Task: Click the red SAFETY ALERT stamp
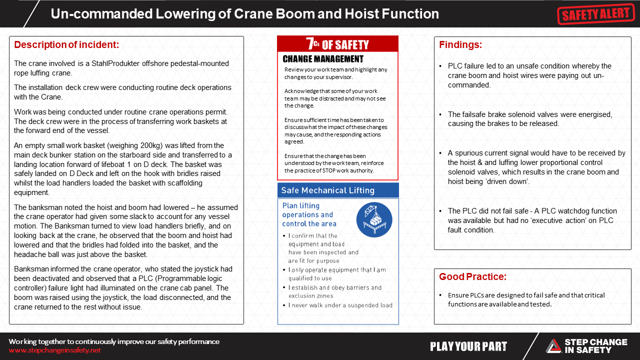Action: (595, 14)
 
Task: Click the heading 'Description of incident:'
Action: (66, 45)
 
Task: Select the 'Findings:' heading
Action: (460, 45)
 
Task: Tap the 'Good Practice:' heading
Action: (472, 277)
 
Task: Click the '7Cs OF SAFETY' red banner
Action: (337, 44)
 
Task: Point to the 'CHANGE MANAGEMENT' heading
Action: (323, 59)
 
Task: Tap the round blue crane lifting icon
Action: (374, 219)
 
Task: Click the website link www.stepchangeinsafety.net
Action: (54, 350)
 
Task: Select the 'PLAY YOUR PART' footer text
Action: (468, 346)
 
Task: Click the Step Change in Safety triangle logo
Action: (553, 346)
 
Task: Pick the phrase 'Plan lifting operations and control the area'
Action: (309, 214)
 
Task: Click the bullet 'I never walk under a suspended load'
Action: (340, 305)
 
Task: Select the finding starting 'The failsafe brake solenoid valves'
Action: (530, 119)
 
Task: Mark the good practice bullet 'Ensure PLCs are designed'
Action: (526, 299)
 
